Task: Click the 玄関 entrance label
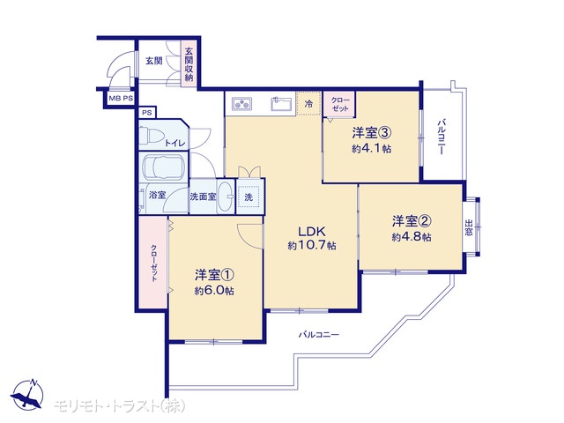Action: [x=154, y=61]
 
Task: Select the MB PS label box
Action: [x=121, y=98]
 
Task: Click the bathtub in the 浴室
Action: [x=163, y=167]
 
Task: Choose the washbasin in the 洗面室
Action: [x=226, y=197]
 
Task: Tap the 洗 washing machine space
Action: [x=249, y=197]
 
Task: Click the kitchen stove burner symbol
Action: [x=242, y=104]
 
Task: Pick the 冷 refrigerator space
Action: [x=308, y=104]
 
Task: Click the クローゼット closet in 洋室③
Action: [x=339, y=104]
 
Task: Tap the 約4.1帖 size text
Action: [x=372, y=149]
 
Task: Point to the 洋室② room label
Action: [x=412, y=221]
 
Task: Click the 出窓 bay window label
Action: [x=468, y=227]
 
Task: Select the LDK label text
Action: [x=311, y=231]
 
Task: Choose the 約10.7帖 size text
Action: [x=312, y=246]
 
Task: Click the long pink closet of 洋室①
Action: [x=152, y=262]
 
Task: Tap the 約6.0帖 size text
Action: [x=214, y=291]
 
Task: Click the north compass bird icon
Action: [x=27, y=395]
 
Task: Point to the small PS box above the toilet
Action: [x=147, y=113]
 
